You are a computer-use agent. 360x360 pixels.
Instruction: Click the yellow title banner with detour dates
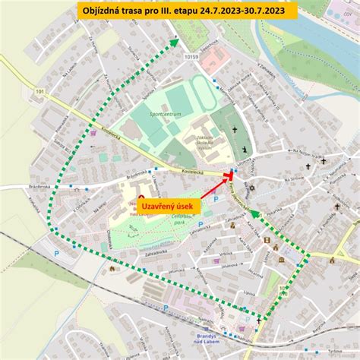click(x=180, y=11)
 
